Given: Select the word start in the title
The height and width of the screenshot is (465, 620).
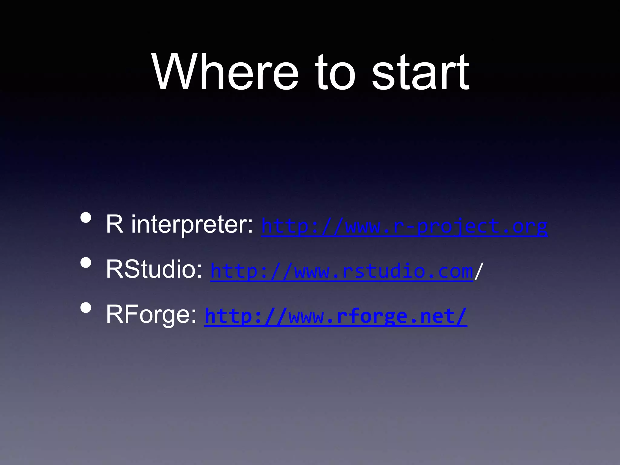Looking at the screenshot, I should (x=420, y=73).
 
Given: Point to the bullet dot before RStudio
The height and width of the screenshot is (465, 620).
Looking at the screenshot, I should (x=86, y=262).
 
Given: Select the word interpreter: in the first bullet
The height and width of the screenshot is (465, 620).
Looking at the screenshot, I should (x=192, y=225).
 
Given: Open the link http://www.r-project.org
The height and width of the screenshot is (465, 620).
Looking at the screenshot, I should (x=404, y=226).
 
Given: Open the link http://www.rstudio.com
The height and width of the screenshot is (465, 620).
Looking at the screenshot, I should (x=341, y=271).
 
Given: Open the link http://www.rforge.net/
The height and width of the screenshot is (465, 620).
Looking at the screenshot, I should (x=336, y=316).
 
